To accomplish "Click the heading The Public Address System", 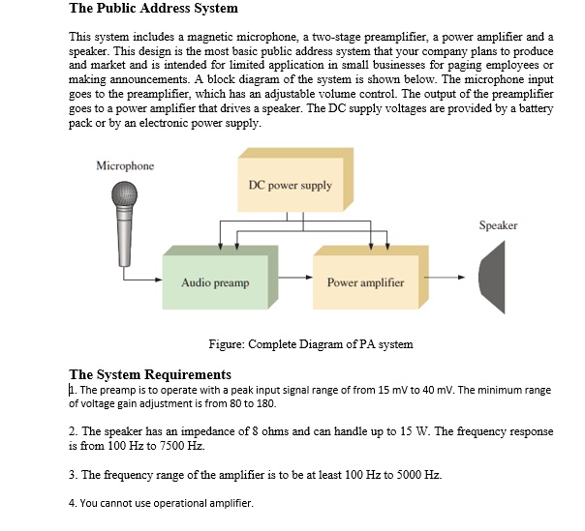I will pyautogui.click(x=153, y=9).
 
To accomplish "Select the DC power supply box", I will pyautogui.click(x=290, y=185).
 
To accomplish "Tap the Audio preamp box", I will pyautogui.click(x=215, y=282).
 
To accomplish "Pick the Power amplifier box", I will pyautogui.click(x=365, y=282).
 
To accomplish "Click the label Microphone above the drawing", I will pyautogui.click(x=125, y=165).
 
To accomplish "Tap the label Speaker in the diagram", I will pyautogui.click(x=498, y=225).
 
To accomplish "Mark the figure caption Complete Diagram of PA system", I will pyautogui.click(x=311, y=344).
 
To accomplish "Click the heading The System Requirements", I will pyautogui.click(x=150, y=374).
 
